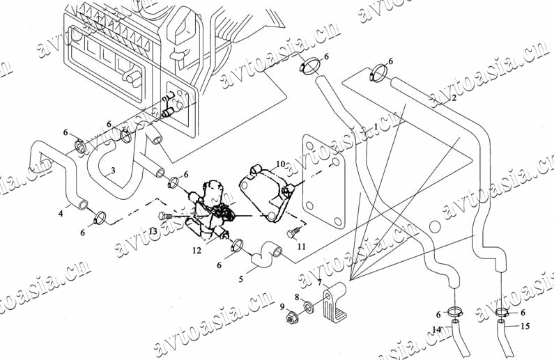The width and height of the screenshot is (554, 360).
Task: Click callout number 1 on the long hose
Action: pos(376,127)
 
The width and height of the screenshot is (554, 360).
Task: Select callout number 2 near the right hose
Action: pos(454,97)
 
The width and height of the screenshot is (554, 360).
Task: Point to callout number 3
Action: pos(112,171)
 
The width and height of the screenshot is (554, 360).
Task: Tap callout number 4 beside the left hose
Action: pos(61,213)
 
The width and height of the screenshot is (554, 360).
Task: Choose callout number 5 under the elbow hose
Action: pos(241,279)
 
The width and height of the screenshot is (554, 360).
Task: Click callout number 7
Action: pos(319,283)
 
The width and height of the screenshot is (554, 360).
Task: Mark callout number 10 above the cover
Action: pos(279,164)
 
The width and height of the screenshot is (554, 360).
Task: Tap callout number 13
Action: pos(153,230)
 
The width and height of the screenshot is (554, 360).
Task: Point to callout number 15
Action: pos(525,326)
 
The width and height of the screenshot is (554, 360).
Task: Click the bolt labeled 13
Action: pos(164,214)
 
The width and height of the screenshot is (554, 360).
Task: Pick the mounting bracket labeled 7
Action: pos(337,302)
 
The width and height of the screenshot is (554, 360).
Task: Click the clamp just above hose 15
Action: pos(502,312)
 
